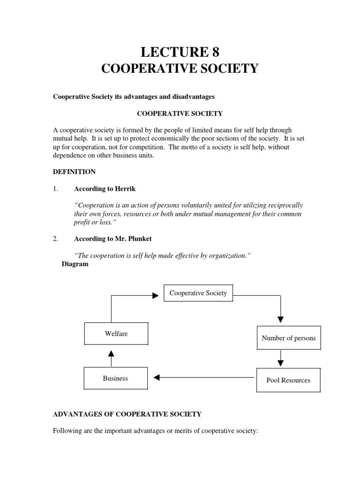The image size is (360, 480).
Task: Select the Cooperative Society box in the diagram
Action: [198, 293]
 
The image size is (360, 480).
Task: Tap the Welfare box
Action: [116, 334]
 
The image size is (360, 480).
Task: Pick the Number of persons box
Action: [289, 338]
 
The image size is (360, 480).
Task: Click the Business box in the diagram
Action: [115, 378]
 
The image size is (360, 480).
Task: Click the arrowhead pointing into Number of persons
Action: [280, 319]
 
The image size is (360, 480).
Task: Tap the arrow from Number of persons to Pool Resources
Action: [280, 359]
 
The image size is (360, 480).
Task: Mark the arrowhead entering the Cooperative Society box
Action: [155, 296]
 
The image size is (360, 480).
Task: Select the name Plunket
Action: [139, 239]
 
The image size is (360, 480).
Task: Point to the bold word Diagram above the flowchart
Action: [75, 264]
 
